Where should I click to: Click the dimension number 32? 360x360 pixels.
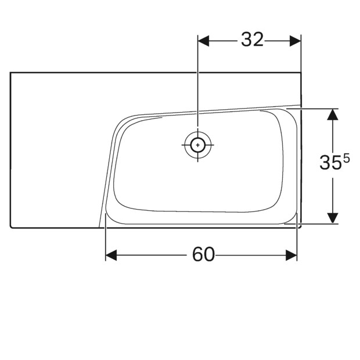[252, 39]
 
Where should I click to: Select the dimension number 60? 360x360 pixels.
[203, 254]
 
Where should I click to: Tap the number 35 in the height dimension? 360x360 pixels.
[330, 163]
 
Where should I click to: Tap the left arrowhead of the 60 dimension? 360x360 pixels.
[111, 255]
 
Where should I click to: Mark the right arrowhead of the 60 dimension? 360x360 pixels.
[291, 255]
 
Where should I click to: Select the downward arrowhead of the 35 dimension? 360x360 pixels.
[332, 218]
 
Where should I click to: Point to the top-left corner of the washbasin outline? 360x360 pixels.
[11, 72]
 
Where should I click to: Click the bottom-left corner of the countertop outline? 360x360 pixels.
[12, 226]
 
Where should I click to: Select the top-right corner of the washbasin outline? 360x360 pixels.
[301, 72]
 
